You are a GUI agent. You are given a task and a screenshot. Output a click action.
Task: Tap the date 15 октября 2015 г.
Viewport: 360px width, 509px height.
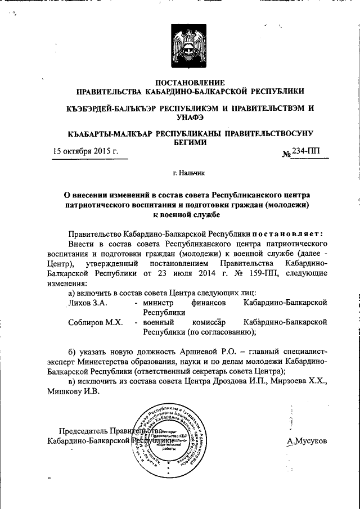point(86,151)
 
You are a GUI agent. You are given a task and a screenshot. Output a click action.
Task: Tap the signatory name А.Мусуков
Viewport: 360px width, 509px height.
point(307,441)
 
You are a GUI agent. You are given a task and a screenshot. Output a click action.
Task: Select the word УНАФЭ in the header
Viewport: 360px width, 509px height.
point(189,117)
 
